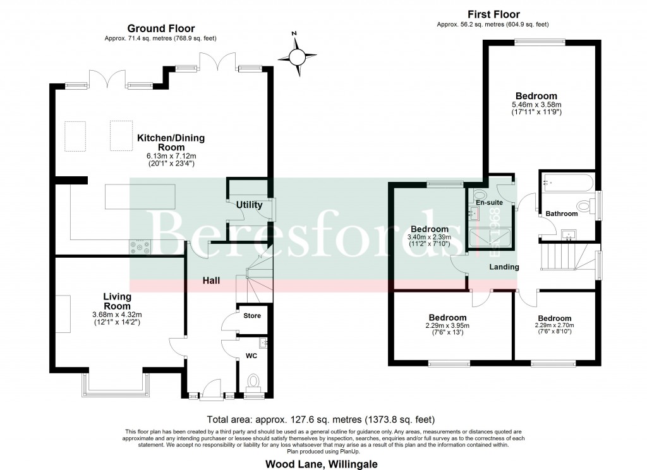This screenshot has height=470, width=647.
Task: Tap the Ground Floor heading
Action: [161, 28]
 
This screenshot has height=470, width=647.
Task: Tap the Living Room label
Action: [118, 301]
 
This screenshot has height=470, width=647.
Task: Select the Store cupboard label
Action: [252, 315]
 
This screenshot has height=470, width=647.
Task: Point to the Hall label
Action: [211, 280]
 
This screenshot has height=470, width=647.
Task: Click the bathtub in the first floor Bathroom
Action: [566, 183]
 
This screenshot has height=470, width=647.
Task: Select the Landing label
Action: [504, 267]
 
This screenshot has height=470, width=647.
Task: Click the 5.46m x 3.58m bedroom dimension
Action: [536, 105]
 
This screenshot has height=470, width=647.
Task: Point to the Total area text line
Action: [321, 419]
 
